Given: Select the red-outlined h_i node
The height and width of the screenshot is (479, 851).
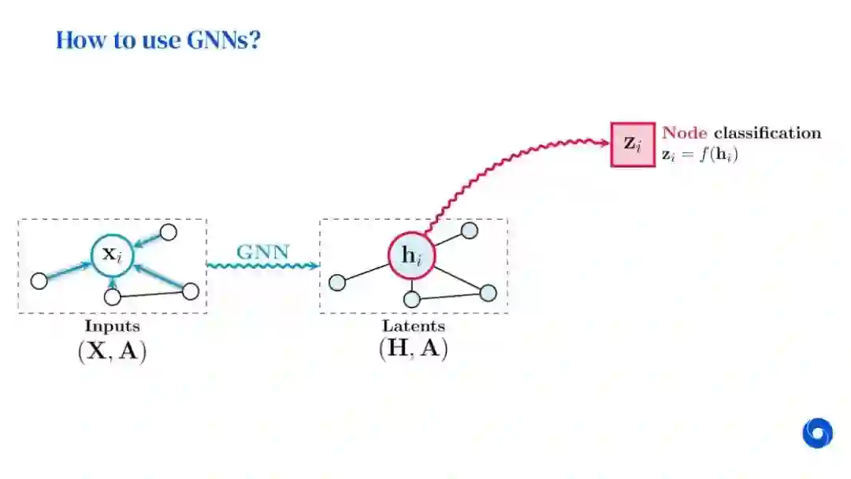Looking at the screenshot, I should [411, 256].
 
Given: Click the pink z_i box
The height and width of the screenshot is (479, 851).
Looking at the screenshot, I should [633, 143].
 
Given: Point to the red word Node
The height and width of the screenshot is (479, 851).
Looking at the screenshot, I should [685, 133].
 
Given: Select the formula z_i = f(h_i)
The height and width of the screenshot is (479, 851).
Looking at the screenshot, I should [700, 155].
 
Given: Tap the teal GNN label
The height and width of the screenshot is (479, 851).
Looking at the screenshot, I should [263, 253].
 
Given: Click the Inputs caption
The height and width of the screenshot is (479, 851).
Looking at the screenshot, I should [112, 325].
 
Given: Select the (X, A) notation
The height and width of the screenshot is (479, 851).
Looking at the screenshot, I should [112, 351].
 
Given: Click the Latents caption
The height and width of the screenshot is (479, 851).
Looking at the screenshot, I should [414, 325].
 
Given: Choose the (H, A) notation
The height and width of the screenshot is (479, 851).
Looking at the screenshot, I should [414, 348].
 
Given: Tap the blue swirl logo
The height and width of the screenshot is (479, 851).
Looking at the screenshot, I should [817, 433].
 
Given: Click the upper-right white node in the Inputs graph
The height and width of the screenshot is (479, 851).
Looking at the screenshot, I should [169, 232].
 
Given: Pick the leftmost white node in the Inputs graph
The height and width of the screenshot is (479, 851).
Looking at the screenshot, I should [39, 280].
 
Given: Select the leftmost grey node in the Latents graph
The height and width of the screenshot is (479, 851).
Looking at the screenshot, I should [337, 282].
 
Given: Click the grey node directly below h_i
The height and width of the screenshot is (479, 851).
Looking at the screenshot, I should [411, 299].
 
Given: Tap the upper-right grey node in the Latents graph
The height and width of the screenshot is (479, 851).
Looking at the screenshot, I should [470, 230].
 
